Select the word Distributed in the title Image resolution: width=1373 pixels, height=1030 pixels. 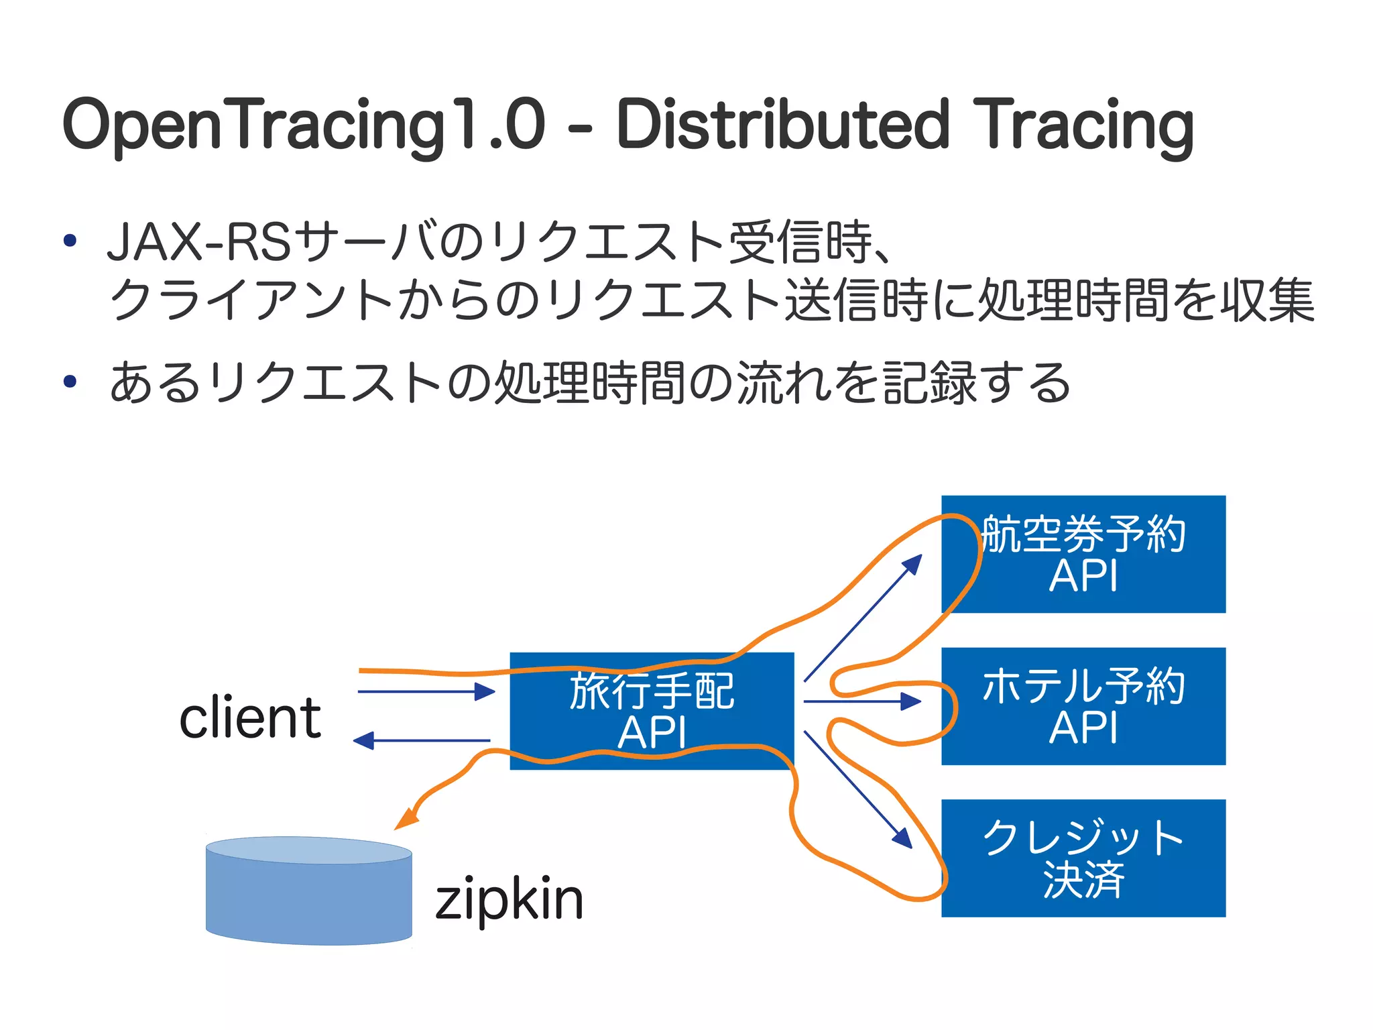(x=782, y=125)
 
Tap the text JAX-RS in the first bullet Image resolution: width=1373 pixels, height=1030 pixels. (x=198, y=242)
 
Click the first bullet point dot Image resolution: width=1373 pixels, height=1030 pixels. (x=70, y=241)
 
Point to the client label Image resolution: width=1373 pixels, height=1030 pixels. (x=250, y=718)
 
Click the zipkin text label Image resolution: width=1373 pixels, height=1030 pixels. (x=509, y=899)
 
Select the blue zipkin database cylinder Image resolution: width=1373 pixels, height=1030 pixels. (x=308, y=892)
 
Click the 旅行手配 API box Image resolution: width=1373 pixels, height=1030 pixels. (x=652, y=711)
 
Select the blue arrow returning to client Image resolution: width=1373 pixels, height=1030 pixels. (x=422, y=741)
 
